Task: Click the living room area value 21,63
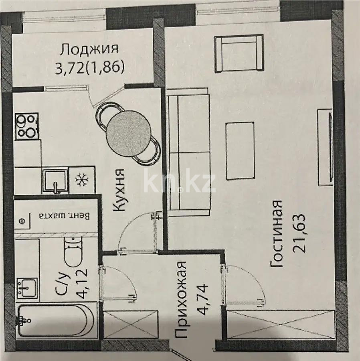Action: click(300, 233)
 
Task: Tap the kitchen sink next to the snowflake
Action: click(55, 181)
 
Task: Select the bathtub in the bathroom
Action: click(56, 321)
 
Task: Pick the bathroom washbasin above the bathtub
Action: click(27, 288)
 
